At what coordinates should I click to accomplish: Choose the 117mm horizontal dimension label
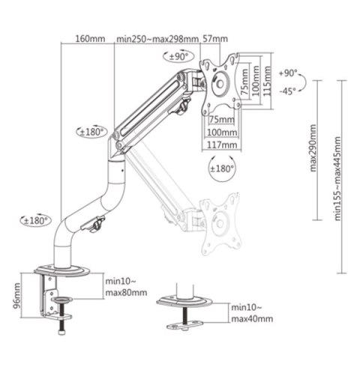coord(223,144)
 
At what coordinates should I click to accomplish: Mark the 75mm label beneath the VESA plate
coord(219,120)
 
